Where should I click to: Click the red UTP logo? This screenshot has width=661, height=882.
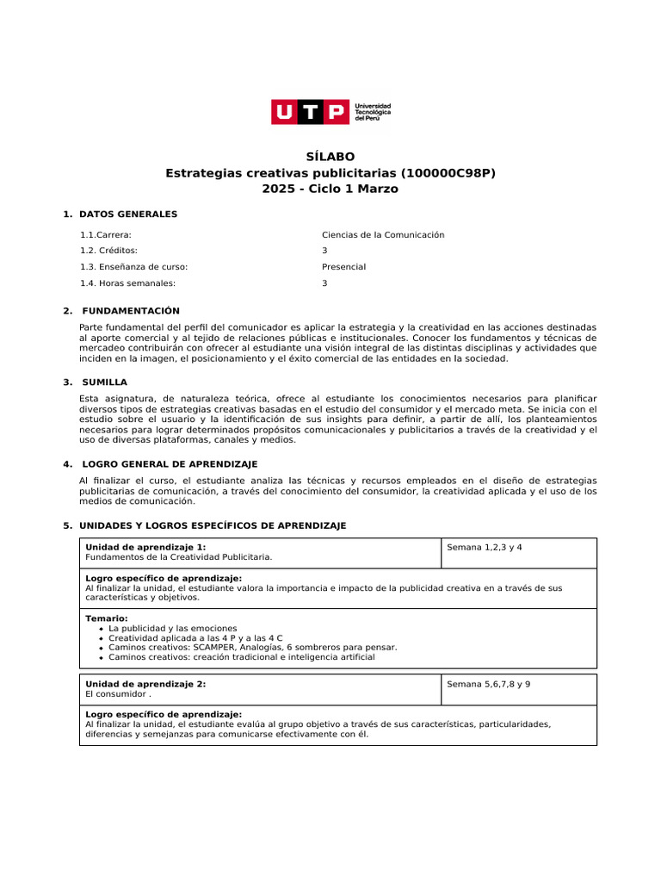[x=310, y=112]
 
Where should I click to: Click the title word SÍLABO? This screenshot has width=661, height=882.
[x=330, y=157]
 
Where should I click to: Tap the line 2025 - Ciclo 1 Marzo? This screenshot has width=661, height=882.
[x=330, y=189]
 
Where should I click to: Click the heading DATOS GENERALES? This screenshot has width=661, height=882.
[x=128, y=214]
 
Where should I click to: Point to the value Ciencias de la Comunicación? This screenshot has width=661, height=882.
[x=383, y=234]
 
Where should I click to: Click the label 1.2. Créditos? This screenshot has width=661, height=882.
[x=108, y=251]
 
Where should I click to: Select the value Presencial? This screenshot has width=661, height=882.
[x=343, y=267]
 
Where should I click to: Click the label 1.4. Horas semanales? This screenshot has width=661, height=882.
[x=127, y=283]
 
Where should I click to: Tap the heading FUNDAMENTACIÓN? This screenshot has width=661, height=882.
[x=131, y=310]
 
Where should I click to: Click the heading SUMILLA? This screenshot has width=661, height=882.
[x=104, y=382]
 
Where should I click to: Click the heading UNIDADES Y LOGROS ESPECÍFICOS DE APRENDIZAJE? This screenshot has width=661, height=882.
[x=213, y=525]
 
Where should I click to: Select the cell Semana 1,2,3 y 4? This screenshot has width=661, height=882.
[x=485, y=548]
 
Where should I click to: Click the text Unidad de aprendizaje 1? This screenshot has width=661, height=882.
[x=145, y=547]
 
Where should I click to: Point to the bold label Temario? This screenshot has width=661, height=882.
[x=107, y=618]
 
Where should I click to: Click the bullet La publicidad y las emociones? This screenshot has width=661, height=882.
[x=172, y=629]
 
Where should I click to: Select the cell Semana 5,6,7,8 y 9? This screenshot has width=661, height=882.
[x=489, y=684]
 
